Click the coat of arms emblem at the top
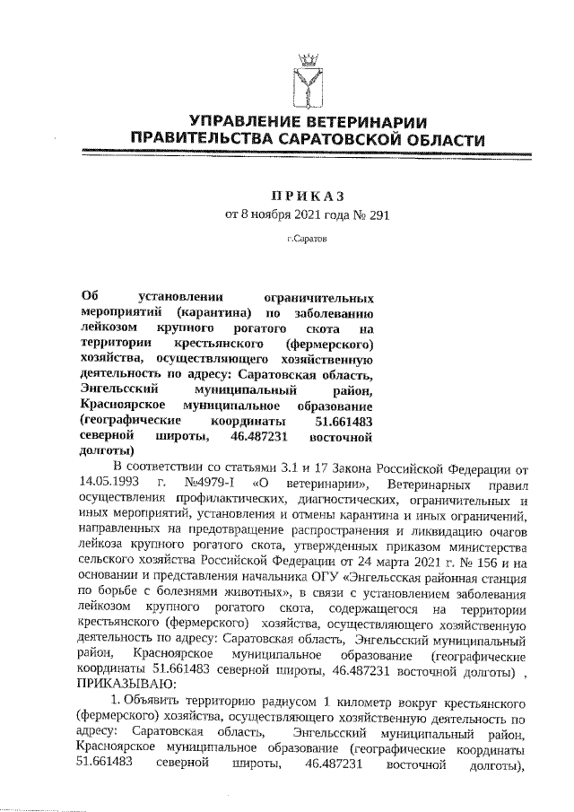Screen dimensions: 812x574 (308, 80)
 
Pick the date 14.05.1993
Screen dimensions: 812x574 (115, 483)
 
